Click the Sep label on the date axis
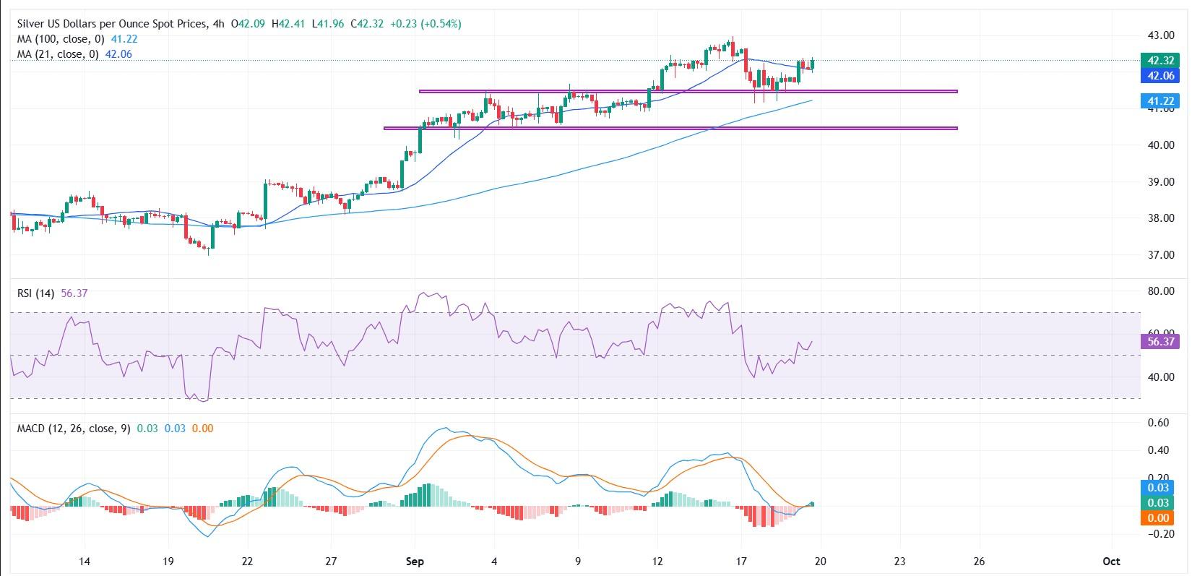pos(415,562)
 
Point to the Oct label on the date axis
pos(1111,562)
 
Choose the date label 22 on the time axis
pos(247,562)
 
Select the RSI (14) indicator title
pos(37,293)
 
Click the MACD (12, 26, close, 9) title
pos(74,429)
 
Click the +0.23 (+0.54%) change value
pos(426,24)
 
